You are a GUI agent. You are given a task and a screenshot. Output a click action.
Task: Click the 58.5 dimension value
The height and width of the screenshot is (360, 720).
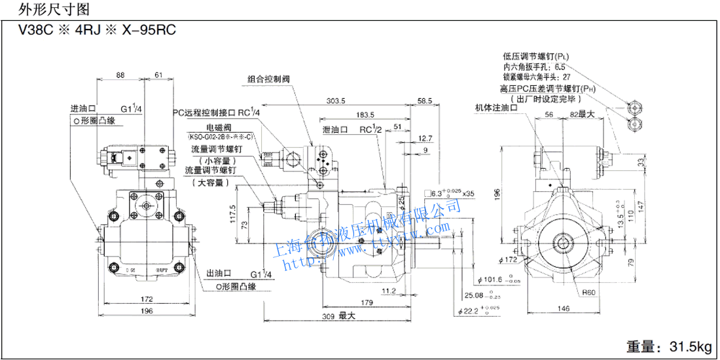coord(425,101)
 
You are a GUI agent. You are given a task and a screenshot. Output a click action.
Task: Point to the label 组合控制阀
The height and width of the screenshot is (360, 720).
coord(268,79)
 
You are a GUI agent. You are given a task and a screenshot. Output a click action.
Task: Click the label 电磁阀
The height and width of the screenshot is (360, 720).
coord(219,126)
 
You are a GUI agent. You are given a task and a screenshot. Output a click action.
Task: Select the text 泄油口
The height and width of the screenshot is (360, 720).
coord(334,130)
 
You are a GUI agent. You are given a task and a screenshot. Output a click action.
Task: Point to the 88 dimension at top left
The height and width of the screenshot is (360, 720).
coord(120,75)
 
